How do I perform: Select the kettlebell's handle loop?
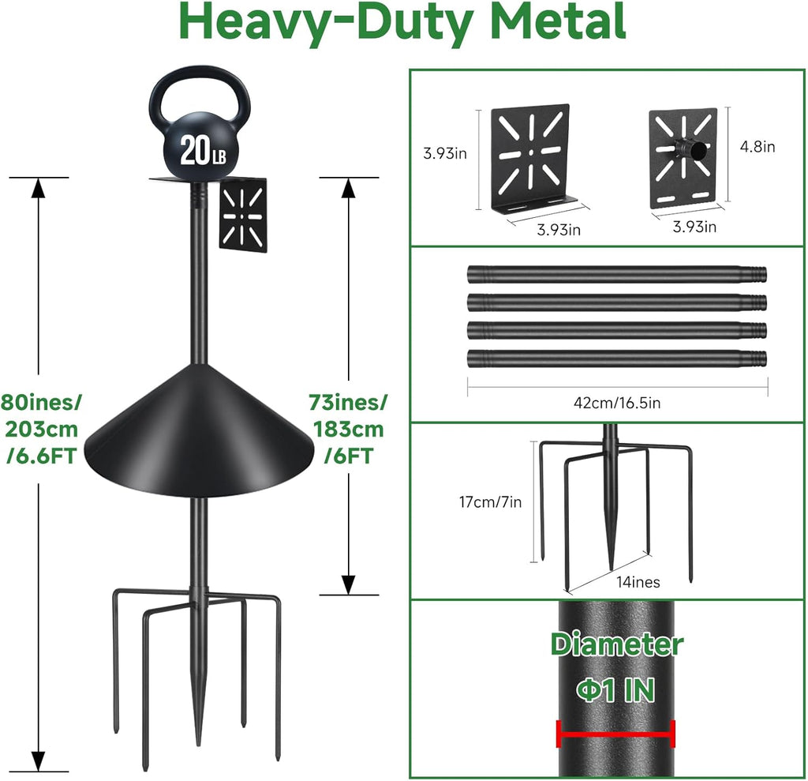(200, 91)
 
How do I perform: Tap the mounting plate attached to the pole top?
(243, 215)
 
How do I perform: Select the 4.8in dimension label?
(758, 146)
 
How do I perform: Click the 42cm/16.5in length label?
(616, 403)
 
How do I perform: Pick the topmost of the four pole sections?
(615, 275)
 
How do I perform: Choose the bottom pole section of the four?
(615, 358)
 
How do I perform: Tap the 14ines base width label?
(639, 582)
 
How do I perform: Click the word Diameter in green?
(617, 644)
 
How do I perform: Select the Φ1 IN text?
(615, 691)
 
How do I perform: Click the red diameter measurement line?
(615, 734)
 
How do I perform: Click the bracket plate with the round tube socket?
(683, 157)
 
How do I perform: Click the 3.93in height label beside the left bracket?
(444, 153)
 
